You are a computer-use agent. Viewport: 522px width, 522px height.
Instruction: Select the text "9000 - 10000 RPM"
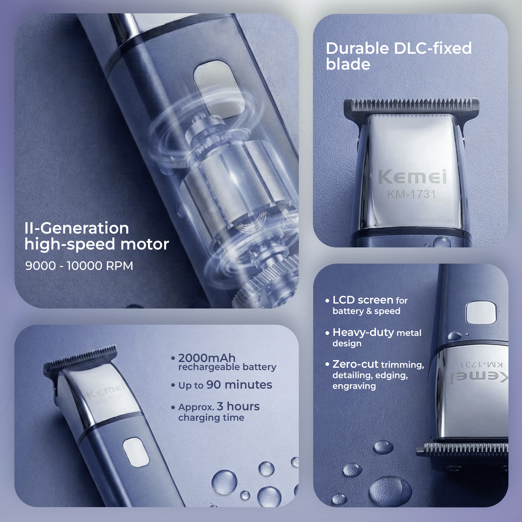click(x=79, y=266)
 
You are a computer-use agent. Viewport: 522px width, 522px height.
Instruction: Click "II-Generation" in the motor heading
click(x=77, y=228)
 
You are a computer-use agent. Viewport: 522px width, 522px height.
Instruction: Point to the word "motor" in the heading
click(x=145, y=244)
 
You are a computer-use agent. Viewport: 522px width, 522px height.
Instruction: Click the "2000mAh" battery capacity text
click(x=207, y=358)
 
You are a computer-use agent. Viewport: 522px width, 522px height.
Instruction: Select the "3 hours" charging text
click(x=238, y=406)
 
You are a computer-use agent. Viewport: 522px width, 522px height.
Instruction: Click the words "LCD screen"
click(x=363, y=300)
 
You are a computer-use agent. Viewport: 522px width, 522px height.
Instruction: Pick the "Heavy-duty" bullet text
click(x=363, y=332)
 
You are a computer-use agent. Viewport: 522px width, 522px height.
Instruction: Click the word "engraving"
click(x=354, y=386)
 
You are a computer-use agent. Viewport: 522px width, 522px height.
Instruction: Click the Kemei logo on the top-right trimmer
click(x=412, y=177)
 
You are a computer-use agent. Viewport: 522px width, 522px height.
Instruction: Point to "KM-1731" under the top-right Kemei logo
click(x=412, y=194)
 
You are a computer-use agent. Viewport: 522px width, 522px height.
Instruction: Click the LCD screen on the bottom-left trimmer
click(x=136, y=452)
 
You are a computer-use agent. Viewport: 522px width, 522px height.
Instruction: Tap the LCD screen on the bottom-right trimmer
click(x=481, y=313)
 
